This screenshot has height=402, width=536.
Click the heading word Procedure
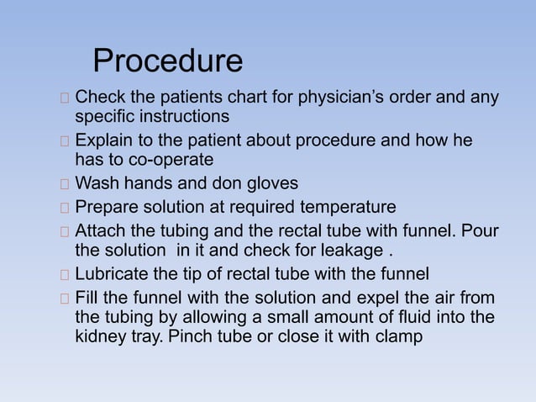click(x=167, y=61)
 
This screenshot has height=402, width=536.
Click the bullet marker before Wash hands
click(x=66, y=182)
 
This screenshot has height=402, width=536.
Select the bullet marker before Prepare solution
click(x=66, y=207)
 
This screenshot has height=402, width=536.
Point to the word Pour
click(x=481, y=230)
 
